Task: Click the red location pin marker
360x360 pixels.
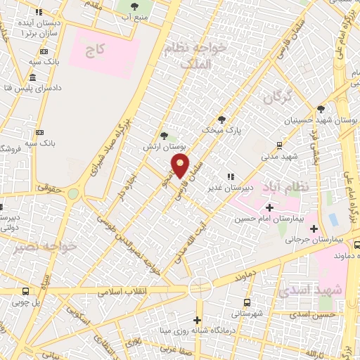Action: tap(180, 166)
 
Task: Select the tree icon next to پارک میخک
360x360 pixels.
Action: tap(222, 119)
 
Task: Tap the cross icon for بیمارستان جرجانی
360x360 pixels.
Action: tap(314, 229)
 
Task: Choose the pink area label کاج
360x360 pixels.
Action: tap(94, 49)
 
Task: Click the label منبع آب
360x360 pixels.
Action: tap(134, 15)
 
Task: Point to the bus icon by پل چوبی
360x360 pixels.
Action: tap(26, 292)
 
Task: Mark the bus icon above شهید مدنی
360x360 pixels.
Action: tap(279, 146)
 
